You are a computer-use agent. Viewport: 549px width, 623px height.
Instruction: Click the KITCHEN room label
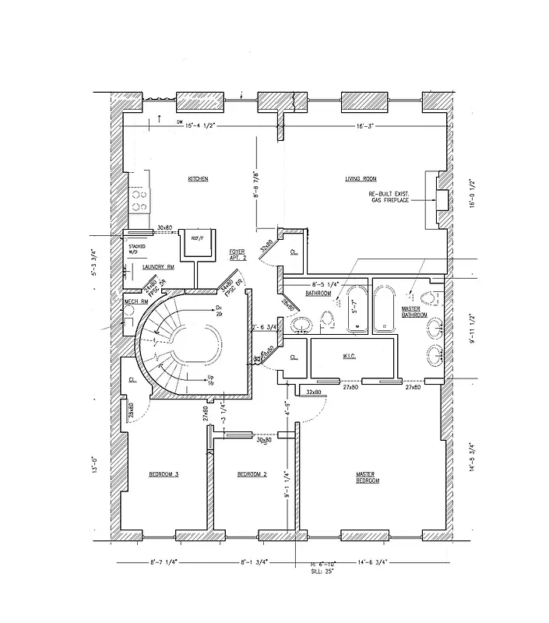[x=198, y=179]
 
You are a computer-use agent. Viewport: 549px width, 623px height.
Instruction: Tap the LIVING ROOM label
[x=361, y=179]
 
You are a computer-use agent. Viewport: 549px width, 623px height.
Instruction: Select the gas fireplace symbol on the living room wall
[x=438, y=201]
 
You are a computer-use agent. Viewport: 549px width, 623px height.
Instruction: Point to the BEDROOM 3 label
[x=164, y=473]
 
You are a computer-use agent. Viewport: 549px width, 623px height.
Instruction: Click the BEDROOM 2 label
[x=252, y=473]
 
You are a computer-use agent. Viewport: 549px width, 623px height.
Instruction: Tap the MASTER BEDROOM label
[x=368, y=477]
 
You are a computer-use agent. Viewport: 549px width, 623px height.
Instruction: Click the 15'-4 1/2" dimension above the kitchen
[x=207, y=125]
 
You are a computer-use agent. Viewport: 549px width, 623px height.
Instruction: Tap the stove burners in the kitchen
[x=139, y=201]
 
